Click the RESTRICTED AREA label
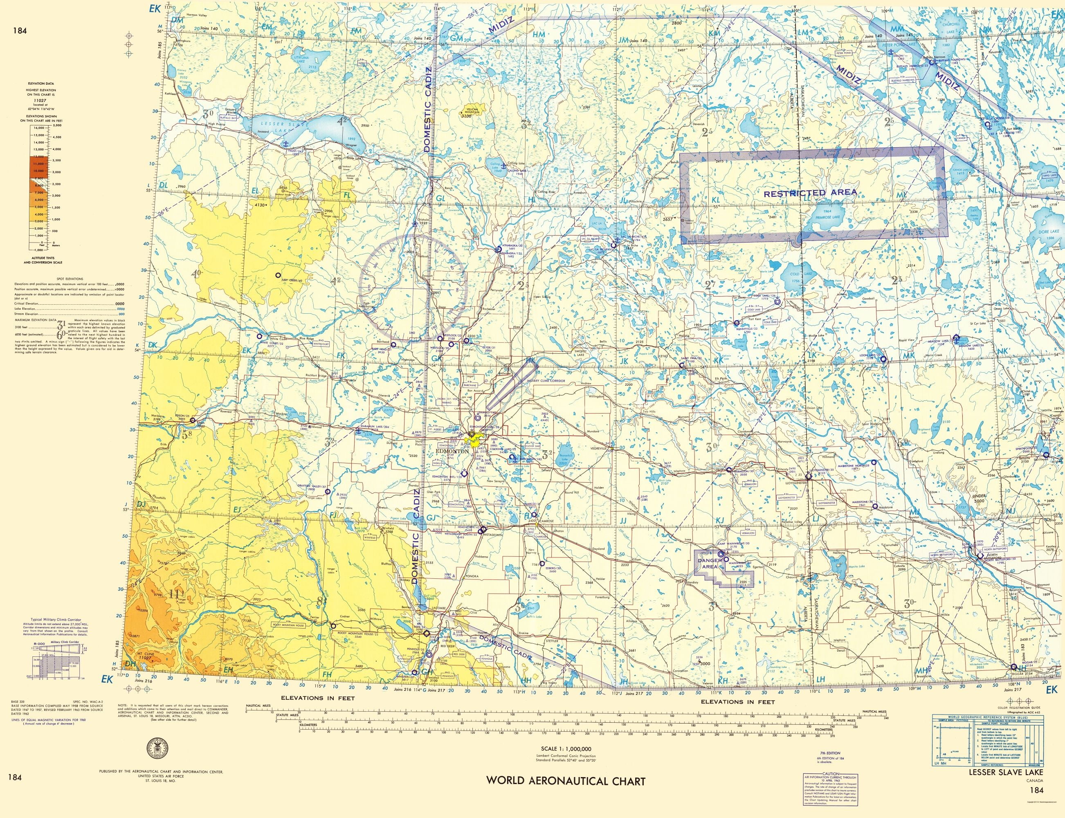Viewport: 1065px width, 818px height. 810,193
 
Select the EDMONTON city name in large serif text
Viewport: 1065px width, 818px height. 453,452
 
